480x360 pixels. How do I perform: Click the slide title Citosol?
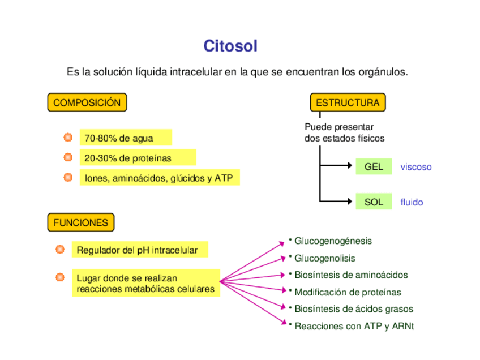pos(230,46)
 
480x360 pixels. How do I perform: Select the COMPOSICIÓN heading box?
pos(87,103)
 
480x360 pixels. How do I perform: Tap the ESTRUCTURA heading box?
pos(348,103)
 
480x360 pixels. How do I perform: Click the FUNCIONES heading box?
pos(80,223)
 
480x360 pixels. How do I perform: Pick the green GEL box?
pos(374,167)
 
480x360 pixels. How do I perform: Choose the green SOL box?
pos(374,202)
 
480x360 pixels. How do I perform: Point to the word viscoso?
pos(416,167)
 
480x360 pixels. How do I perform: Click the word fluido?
pos(412,202)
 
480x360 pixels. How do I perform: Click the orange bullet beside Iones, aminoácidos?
pos(68,178)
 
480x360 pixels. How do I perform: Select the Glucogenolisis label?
pos(325,258)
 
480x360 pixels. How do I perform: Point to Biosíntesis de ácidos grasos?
pos(354,309)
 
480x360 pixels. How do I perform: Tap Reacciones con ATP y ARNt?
pos(354,327)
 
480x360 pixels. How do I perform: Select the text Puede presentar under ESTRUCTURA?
pos(338,127)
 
